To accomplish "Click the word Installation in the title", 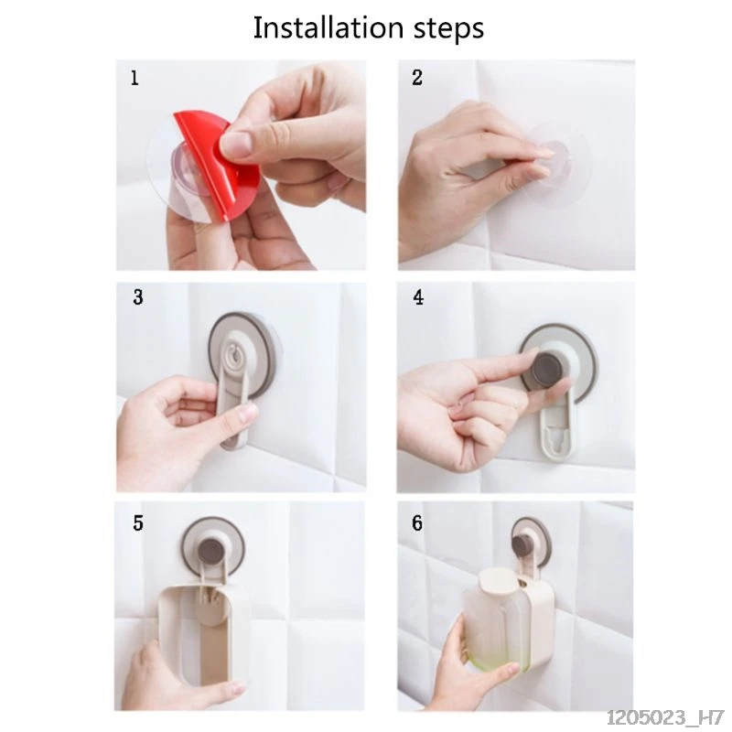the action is point(328,27).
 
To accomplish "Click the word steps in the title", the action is point(449,29).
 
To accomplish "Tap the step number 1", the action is point(135,78).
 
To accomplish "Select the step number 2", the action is point(417,78).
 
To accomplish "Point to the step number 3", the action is point(138,296).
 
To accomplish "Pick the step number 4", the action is point(418,296).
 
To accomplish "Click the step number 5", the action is point(138,522).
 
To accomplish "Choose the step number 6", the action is point(417,522).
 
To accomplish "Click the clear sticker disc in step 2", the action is point(558,165).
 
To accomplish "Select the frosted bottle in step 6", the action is point(496,621).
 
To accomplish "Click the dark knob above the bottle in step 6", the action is point(522,543).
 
